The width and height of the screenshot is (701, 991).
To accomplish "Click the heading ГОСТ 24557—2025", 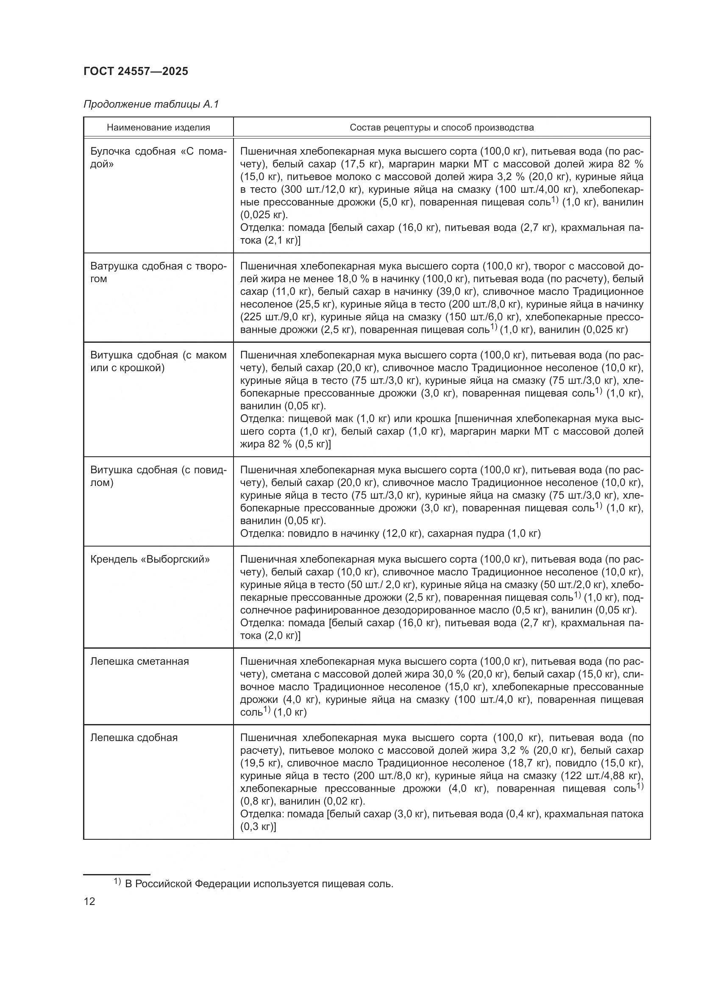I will pyautogui.click(x=136, y=71).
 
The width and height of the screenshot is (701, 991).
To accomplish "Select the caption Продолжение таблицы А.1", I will pyautogui.click(x=151, y=104).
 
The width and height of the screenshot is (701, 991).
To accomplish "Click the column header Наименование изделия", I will pyautogui.click(x=159, y=128).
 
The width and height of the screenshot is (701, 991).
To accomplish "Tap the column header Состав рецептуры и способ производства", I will pyautogui.click(x=442, y=128).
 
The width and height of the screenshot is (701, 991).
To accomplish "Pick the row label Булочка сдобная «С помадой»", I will pyautogui.click(x=158, y=158).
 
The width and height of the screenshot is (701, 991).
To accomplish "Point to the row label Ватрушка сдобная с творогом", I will pyautogui.click(x=158, y=272).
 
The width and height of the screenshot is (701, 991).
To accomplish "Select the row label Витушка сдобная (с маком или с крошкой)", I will pyautogui.click(x=158, y=361).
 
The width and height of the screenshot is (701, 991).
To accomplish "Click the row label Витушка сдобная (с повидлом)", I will pyautogui.click(x=158, y=476).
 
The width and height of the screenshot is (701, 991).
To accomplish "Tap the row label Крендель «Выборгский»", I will pyautogui.click(x=150, y=559).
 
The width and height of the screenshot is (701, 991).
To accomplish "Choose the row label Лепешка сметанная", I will pyautogui.click(x=139, y=661).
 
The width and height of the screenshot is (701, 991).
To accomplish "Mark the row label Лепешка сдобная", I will pyautogui.click(x=134, y=737).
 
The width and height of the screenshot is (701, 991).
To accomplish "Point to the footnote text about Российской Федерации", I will pyautogui.click(x=259, y=883).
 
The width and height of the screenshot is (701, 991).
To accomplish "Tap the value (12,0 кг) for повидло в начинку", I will pyautogui.click(x=402, y=533).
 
